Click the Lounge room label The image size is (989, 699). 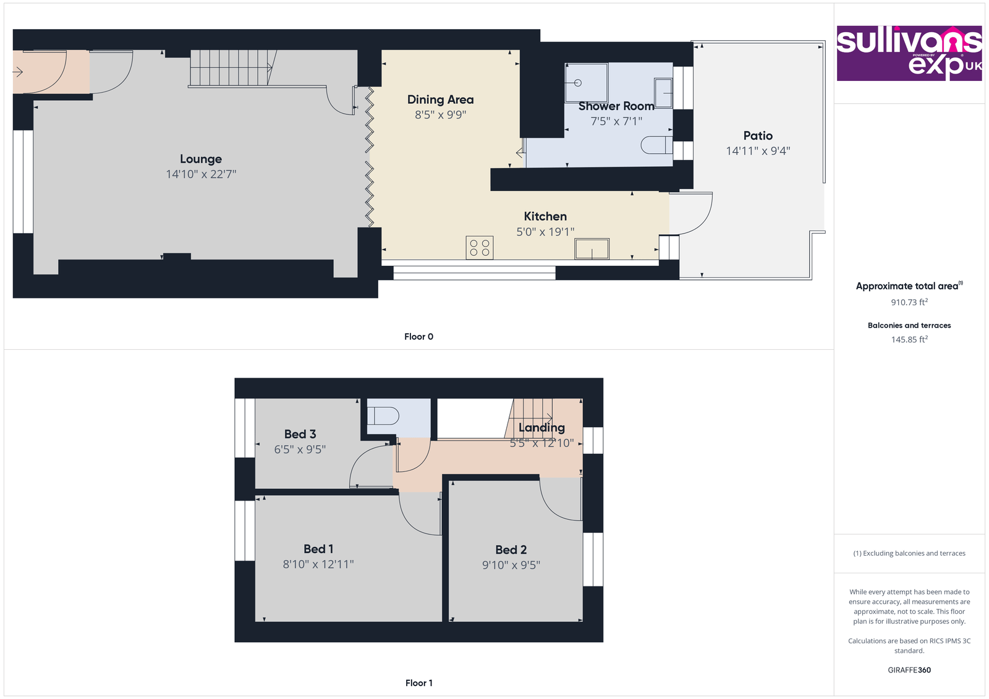click(201, 159)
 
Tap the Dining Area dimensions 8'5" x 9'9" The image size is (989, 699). click(440, 115)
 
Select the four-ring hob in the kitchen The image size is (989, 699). click(480, 248)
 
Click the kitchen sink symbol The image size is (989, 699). click(592, 249)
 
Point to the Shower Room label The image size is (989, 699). click(616, 106)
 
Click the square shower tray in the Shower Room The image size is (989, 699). click(586, 82)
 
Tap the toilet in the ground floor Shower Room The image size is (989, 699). click(656, 145)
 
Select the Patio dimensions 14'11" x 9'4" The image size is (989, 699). click(758, 151)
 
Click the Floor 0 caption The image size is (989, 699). click(418, 337)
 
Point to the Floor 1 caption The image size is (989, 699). click(418, 683)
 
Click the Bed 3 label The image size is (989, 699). click(300, 434)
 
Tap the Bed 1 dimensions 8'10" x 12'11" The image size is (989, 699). click(318, 564)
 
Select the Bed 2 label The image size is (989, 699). click(511, 549)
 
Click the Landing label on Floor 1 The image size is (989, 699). click(541, 428)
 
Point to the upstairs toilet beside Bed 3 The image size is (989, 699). click(383, 415)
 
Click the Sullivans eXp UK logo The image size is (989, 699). click(909, 54)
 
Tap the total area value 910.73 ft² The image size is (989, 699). click(909, 302)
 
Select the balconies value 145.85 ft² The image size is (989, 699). click(909, 339)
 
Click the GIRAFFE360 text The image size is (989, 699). click(909, 670)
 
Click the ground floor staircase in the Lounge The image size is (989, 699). click(231, 68)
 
